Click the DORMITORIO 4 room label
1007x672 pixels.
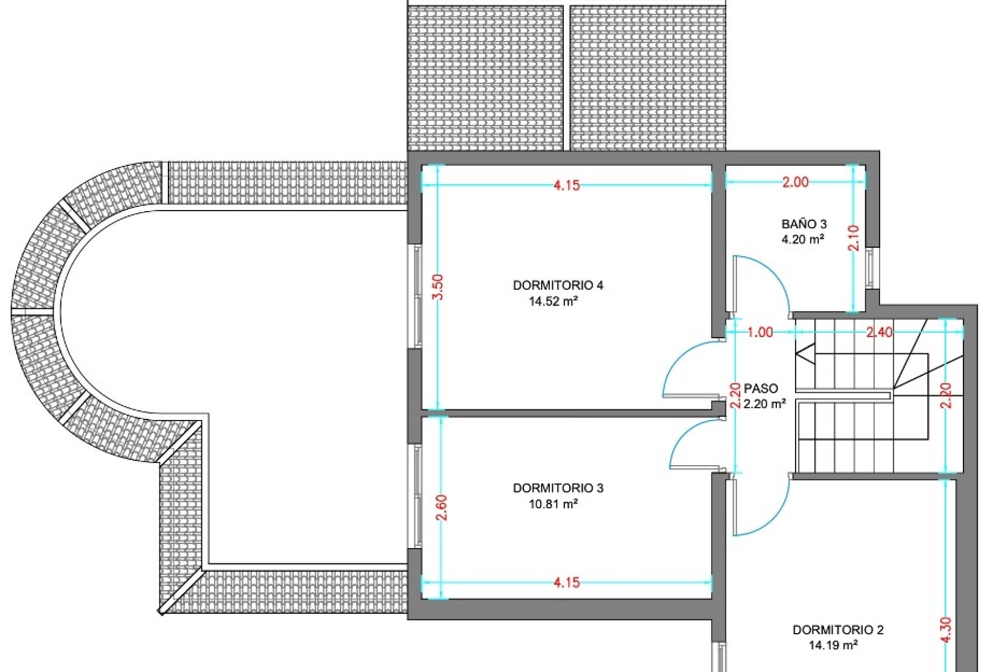558,286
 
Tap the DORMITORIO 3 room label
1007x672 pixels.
558,488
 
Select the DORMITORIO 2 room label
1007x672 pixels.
838,630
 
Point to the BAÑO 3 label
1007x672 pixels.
804,224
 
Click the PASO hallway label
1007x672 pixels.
761,388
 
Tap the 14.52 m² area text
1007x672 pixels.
553,301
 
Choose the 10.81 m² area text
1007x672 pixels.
553,504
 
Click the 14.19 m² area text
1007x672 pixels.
833,645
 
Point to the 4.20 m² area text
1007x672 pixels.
803,240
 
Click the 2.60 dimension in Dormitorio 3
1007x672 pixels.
442,508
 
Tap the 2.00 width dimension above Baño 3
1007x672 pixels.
796,182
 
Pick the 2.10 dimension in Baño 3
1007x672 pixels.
854,238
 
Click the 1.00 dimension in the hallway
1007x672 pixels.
760,332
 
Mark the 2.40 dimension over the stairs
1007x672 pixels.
879,332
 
